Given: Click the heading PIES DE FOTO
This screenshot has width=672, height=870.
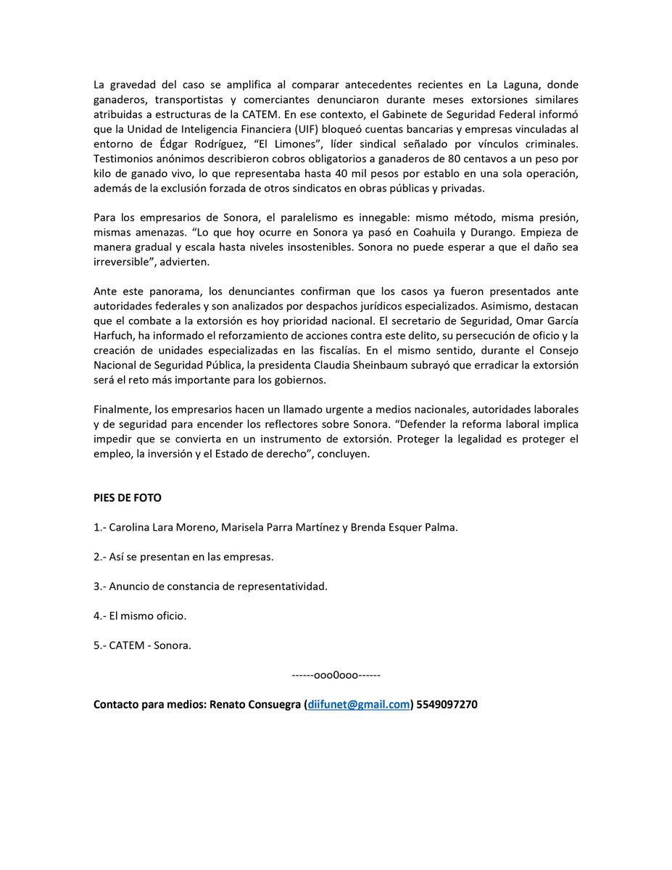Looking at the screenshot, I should tap(128, 498).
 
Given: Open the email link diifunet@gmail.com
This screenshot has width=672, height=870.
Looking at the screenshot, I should tap(359, 705).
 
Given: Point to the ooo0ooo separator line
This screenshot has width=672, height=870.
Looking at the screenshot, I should tap(336, 675).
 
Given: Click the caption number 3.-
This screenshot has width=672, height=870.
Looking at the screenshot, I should tap(100, 586).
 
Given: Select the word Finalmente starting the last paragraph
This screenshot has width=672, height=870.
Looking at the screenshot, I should tap(121, 410).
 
